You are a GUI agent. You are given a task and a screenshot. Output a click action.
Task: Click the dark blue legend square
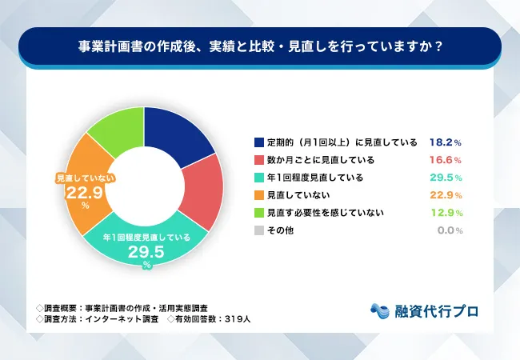[258, 142]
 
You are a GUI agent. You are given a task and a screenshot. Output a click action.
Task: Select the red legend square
[258, 160]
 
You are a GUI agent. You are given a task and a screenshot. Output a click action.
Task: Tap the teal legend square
[258, 178]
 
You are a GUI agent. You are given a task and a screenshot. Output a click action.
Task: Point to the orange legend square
[258, 195]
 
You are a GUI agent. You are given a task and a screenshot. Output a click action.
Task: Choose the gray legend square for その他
[258, 230]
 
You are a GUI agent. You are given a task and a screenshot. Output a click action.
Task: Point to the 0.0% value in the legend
[450, 230]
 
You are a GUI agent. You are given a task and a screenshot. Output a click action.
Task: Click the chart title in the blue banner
[259, 46]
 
